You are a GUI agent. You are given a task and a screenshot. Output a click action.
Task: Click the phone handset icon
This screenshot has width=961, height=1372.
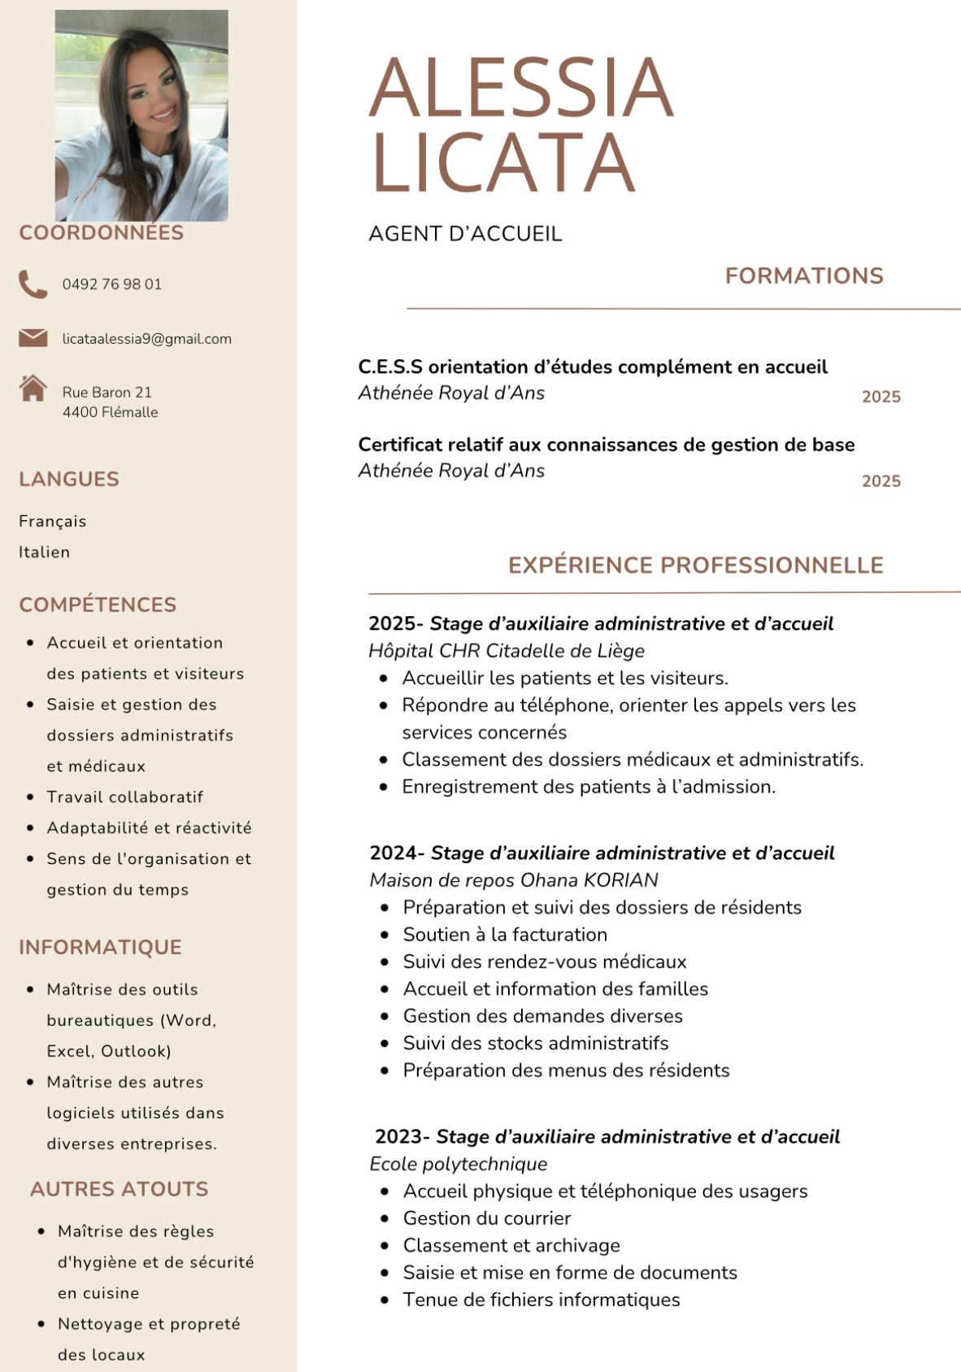coord(33,284)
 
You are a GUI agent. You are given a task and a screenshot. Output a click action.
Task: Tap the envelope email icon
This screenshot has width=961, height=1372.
coord(33,337)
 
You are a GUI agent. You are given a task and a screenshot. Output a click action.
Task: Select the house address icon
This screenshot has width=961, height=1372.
coord(33,389)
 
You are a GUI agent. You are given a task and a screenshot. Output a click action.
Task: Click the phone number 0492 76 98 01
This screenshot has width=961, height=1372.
coord(111,284)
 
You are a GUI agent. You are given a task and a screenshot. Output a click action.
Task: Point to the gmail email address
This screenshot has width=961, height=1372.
coord(146,339)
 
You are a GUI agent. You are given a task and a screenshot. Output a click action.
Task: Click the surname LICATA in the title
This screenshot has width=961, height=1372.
coord(502,162)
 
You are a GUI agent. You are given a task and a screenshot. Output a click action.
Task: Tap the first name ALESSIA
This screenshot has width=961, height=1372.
coord(521,88)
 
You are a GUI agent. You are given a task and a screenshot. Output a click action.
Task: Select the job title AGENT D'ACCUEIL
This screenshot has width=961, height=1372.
coord(465,234)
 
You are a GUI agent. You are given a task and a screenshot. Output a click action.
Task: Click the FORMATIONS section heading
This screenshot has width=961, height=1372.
coord(803,276)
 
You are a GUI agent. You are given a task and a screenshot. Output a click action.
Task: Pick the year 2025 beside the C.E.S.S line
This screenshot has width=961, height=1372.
coord(881,397)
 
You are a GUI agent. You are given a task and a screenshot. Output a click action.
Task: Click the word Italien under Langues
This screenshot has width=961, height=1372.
coord(45,552)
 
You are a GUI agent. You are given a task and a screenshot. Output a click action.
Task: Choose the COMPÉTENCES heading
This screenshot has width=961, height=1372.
coord(98,605)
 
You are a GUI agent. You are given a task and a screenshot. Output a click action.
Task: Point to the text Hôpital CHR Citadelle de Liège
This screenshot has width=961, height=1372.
coord(506,650)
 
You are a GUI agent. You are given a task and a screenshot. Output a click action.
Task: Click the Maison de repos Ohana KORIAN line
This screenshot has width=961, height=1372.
coord(513,879)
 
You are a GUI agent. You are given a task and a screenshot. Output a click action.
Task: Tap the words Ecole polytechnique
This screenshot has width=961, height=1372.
coord(458,1163)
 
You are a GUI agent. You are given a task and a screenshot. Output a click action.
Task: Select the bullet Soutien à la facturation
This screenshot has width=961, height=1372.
coord(505,934)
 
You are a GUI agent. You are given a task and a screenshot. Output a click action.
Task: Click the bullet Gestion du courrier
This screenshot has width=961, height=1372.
coord(486,1218)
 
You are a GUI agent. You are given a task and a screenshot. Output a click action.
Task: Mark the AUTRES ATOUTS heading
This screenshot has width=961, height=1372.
coord(119,1188)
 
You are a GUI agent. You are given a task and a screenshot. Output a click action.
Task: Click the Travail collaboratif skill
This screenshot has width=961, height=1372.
coord(124,797)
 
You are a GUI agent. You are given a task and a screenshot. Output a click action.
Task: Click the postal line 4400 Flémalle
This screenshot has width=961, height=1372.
coord(110,412)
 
